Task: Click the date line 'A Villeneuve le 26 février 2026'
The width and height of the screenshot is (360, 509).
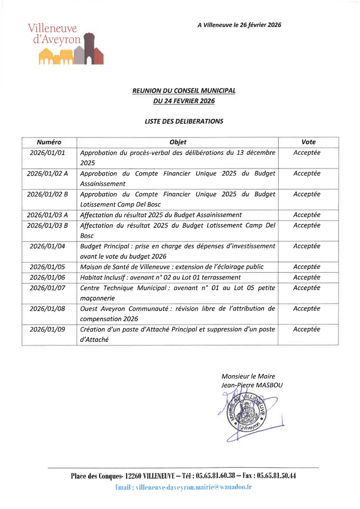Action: (239, 25)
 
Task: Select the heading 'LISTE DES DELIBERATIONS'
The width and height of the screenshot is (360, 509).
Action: (184, 121)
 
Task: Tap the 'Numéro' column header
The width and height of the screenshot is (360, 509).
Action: (49, 142)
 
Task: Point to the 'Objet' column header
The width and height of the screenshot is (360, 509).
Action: (178, 142)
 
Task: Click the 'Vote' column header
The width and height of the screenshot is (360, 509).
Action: (308, 142)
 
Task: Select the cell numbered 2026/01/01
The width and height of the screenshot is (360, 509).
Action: (47, 153)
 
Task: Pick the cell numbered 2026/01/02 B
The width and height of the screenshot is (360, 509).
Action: (47, 194)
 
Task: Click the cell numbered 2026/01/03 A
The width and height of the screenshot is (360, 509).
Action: (47, 215)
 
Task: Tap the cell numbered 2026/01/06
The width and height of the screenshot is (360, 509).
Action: (47, 277)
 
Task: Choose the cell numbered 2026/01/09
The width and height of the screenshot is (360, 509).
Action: (47, 329)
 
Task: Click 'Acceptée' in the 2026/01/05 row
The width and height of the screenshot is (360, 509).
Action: (307, 267)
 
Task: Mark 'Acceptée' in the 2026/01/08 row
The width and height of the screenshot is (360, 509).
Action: (307, 309)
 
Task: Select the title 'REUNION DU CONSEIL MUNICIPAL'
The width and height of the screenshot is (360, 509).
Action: (184, 91)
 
